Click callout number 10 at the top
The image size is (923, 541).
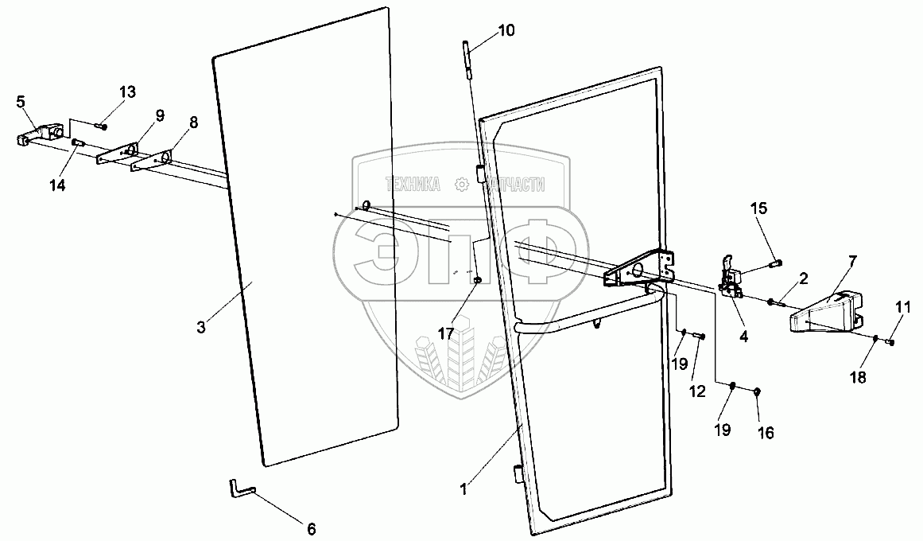click(506, 31)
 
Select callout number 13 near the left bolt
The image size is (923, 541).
click(127, 91)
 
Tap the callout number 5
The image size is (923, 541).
click(21, 101)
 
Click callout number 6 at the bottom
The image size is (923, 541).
click(311, 527)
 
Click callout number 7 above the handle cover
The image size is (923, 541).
click(851, 260)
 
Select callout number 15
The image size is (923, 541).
click(759, 208)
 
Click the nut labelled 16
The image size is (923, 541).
click(757, 391)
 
